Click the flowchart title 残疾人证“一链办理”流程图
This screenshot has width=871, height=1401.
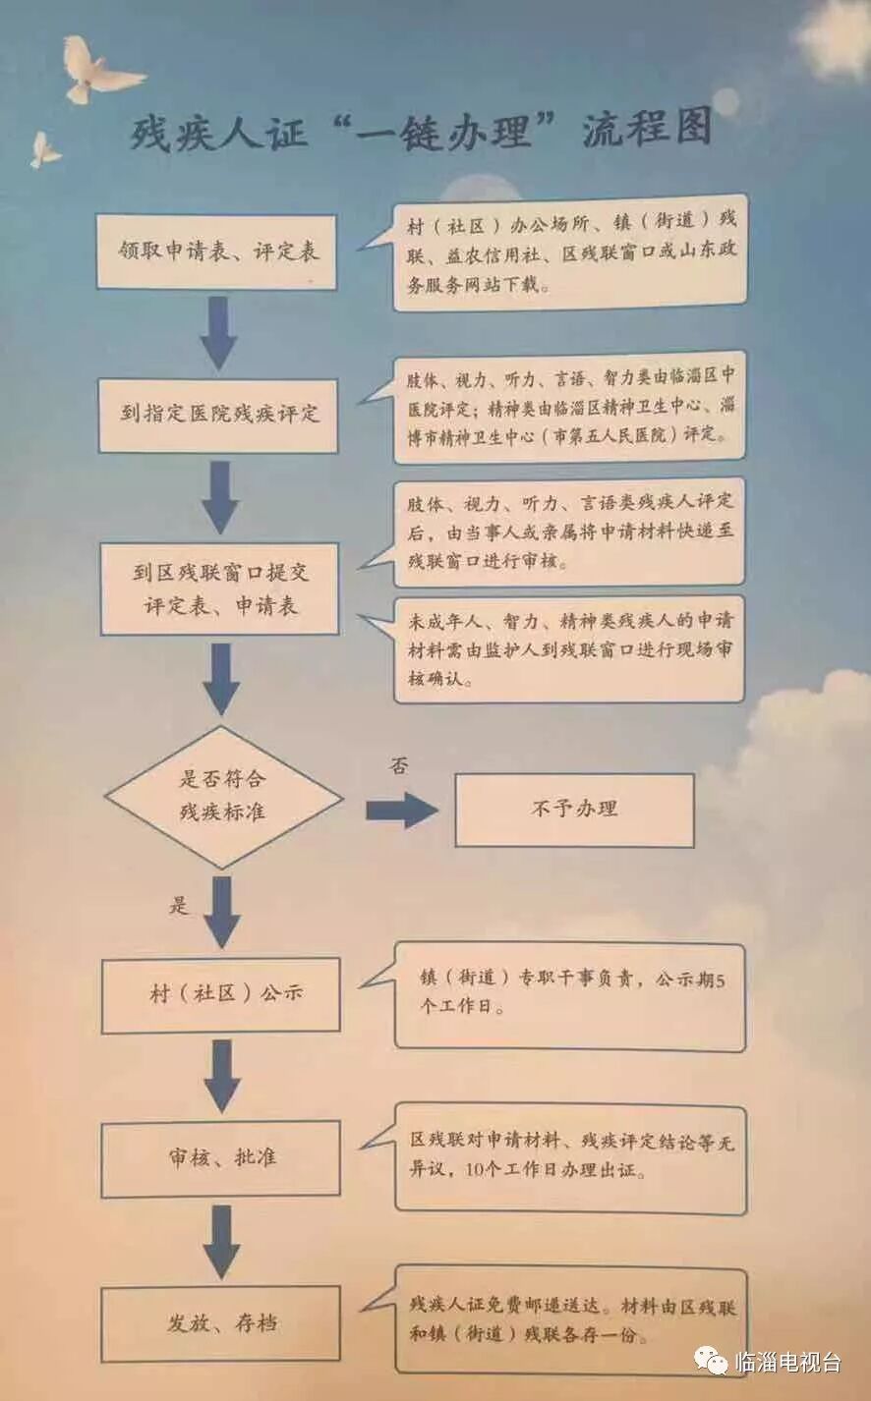click(x=421, y=131)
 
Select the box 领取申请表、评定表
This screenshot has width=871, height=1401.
click(x=217, y=252)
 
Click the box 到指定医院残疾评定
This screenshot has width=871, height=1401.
click(x=218, y=414)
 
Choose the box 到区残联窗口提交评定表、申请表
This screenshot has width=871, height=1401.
click(x=220, y=588)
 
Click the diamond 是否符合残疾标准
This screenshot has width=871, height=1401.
click(x=223, y=796)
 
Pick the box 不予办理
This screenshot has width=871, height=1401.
click(x=574, y=810)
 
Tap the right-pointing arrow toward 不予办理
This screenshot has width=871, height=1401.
click(x=401, y=810)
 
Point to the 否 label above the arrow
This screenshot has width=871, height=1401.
click(x=397, y=765)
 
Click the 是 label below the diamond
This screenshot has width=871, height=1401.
click(x=178, y=904)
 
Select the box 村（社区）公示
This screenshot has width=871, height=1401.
click(x=222, y=994)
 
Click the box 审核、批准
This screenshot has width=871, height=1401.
click(x=222, y=1158)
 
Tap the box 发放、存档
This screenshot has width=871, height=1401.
click(x=222, y=1323)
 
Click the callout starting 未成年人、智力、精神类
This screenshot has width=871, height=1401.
click(x=569, y=648)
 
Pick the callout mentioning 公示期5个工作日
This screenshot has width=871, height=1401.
click(x=570, y=994)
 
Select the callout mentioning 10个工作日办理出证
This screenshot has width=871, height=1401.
click(x=570, y=1157)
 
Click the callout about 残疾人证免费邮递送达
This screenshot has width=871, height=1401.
click(x=571, y=1320)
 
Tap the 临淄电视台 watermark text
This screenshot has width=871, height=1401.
click(x=787, y=1362)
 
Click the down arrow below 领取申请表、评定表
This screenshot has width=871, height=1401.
click(x=218, y=333)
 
